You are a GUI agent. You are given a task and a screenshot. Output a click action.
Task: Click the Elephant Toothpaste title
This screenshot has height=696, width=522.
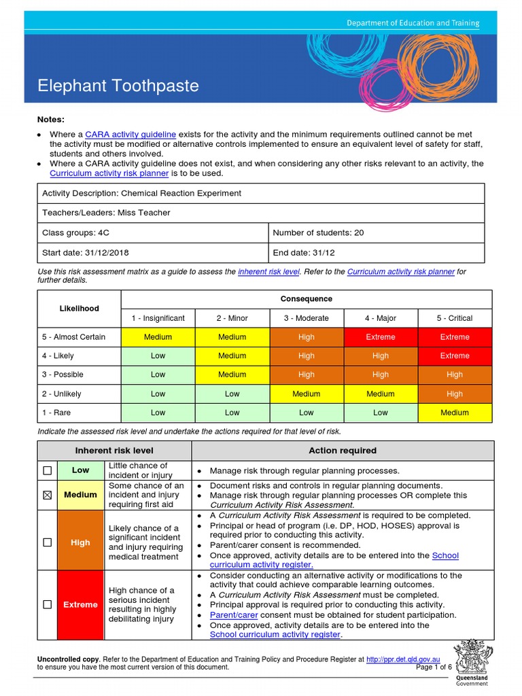point(118,86)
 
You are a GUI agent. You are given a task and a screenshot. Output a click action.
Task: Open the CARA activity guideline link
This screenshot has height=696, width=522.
point(130,135)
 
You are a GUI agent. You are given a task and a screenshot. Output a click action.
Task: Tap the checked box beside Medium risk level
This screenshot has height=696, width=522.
point(47,495)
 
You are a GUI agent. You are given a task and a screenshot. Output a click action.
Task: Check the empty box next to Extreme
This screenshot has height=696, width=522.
point(47,605)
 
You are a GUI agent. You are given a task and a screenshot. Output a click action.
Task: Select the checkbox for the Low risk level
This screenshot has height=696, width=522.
point(47,470)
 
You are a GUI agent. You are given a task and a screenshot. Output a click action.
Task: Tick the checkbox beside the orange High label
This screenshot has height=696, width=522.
point(47,542)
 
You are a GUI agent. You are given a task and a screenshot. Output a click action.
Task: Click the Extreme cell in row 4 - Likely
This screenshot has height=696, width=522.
point(454,355)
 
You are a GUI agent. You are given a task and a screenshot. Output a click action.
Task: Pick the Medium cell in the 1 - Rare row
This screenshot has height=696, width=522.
point(454,413)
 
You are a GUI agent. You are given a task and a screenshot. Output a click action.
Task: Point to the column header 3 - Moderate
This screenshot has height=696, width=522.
point(306,318)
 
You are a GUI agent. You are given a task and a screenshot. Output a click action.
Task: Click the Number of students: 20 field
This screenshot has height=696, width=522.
point(318,232)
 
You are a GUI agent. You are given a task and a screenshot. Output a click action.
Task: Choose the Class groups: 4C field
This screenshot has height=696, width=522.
point(75,232)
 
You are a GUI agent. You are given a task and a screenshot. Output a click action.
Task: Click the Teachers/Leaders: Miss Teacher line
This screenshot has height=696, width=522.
point(106,213)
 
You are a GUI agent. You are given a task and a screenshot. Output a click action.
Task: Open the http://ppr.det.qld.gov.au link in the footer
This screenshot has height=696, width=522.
point(403,659)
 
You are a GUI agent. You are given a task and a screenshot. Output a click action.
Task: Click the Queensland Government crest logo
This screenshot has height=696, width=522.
point(471,658)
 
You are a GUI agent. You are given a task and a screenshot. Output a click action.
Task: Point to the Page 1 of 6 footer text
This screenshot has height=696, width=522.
point(434,667)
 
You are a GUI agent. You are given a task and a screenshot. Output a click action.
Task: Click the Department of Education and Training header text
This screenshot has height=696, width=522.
point(413,23)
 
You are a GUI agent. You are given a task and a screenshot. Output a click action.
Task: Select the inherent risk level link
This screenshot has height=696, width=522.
point(268,271)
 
